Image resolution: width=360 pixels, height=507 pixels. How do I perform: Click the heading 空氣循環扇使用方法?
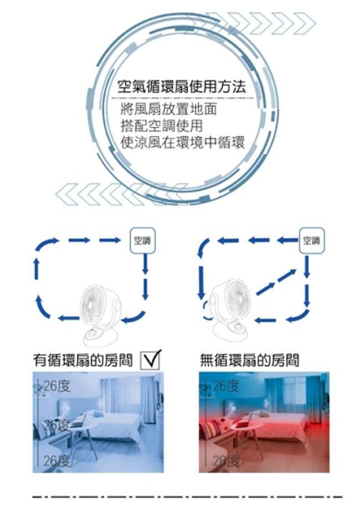(x=182, y=87)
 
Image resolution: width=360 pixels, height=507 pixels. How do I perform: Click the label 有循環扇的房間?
(x=83, y=361)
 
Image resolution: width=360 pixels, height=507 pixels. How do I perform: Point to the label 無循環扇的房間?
(x=249, y=361)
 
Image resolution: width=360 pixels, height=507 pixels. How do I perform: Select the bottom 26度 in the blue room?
(x=56, y=461)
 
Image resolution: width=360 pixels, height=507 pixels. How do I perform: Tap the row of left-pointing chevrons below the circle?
(x=122, y=194)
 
